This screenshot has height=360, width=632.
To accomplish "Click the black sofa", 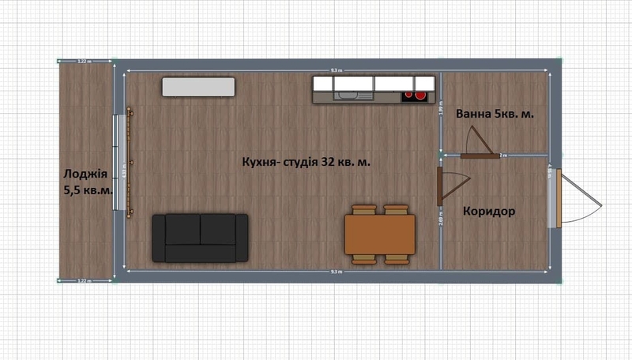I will [x=200, y=237].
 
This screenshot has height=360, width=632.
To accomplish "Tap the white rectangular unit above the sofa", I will [x=199, y=86].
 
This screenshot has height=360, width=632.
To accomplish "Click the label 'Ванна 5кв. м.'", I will [x=495, y=114].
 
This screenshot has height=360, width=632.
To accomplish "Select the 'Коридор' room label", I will [x=489, y=212].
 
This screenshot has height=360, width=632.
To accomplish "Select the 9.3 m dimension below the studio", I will [x=337, y=272].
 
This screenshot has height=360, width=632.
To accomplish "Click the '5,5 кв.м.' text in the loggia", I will [x=87, y=191].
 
